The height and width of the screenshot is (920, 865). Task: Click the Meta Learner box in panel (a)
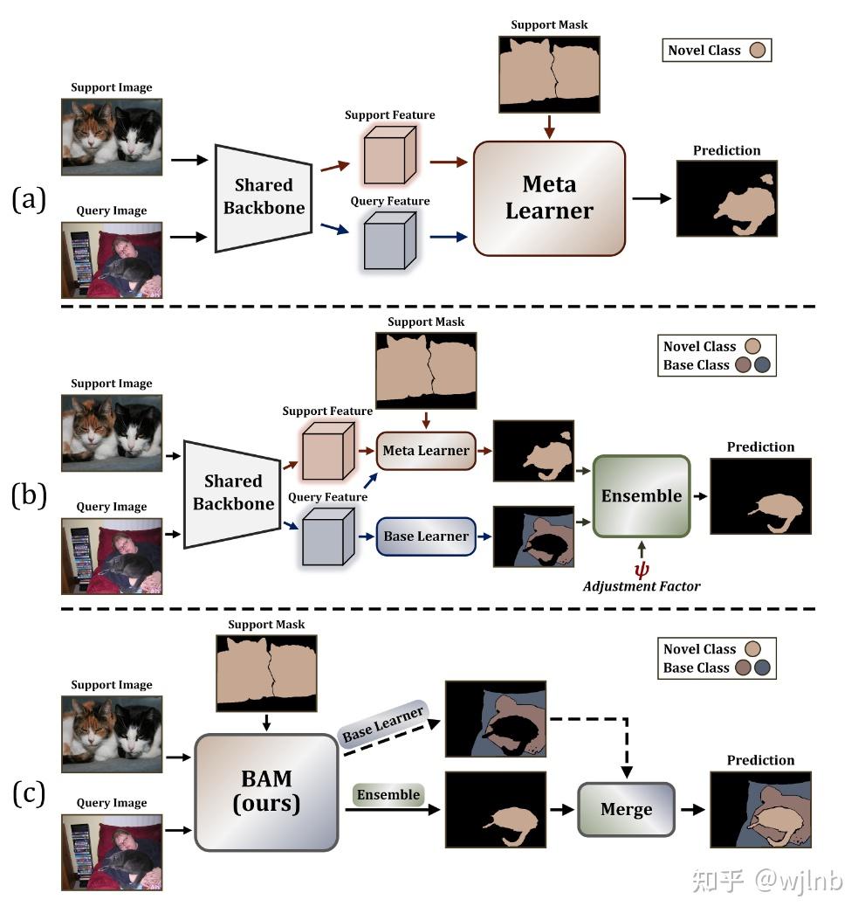(549, 198)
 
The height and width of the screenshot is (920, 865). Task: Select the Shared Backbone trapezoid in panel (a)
(264, 197)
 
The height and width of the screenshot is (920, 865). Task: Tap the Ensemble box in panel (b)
(641, 495)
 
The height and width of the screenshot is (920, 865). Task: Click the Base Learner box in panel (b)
(426, 536)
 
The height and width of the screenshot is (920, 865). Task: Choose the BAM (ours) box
(266, 792)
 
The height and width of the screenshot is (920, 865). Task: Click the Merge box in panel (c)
(626, 809)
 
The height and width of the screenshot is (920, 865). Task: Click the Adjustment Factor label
(642, 585)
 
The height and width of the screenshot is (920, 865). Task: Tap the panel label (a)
(28, 199)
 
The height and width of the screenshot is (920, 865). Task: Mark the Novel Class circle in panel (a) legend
(758, 50)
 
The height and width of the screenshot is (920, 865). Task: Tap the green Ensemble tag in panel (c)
(388, 794)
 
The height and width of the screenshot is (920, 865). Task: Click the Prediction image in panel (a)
(726, 199)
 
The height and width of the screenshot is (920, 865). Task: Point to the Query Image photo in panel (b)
(112, 556)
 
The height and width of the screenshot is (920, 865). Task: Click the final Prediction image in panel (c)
(760, 809)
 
